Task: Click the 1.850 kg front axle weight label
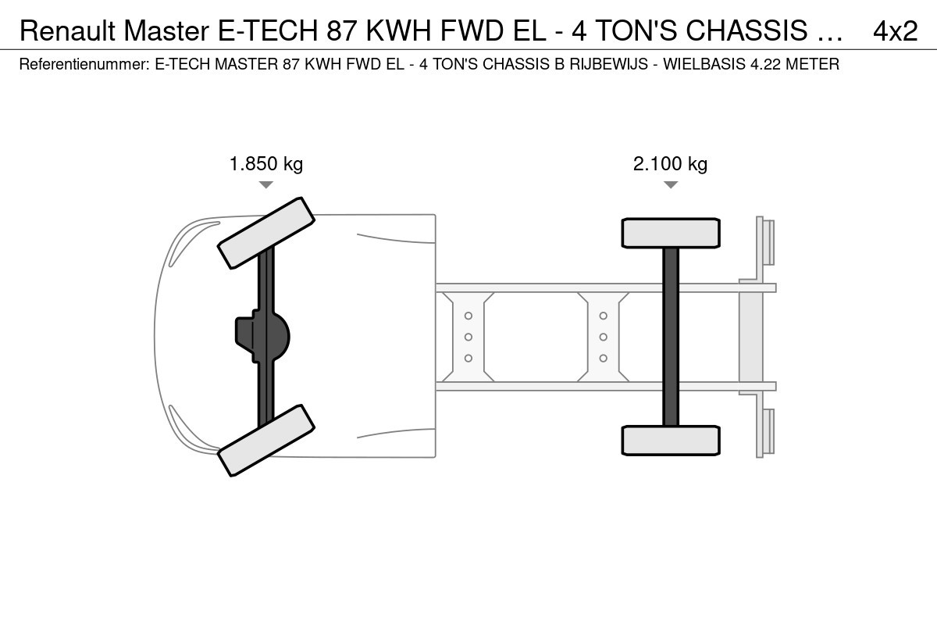point(266,164)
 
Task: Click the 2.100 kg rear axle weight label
point(670,164)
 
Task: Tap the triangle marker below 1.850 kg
point(266,184)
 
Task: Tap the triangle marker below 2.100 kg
point(671,184)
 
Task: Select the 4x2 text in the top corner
point(896,30)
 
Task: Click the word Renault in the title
point(67,30)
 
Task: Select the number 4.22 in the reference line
point(766,64)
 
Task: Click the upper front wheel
point(266,233)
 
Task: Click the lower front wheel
point(266,441)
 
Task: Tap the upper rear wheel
point(671,233)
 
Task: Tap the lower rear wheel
point(671,441)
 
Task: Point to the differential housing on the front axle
point(262,337)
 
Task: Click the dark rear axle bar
point(671,337)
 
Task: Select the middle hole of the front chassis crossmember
point(468,337)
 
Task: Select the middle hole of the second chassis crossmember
point(603,337)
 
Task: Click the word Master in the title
point(166,30)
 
